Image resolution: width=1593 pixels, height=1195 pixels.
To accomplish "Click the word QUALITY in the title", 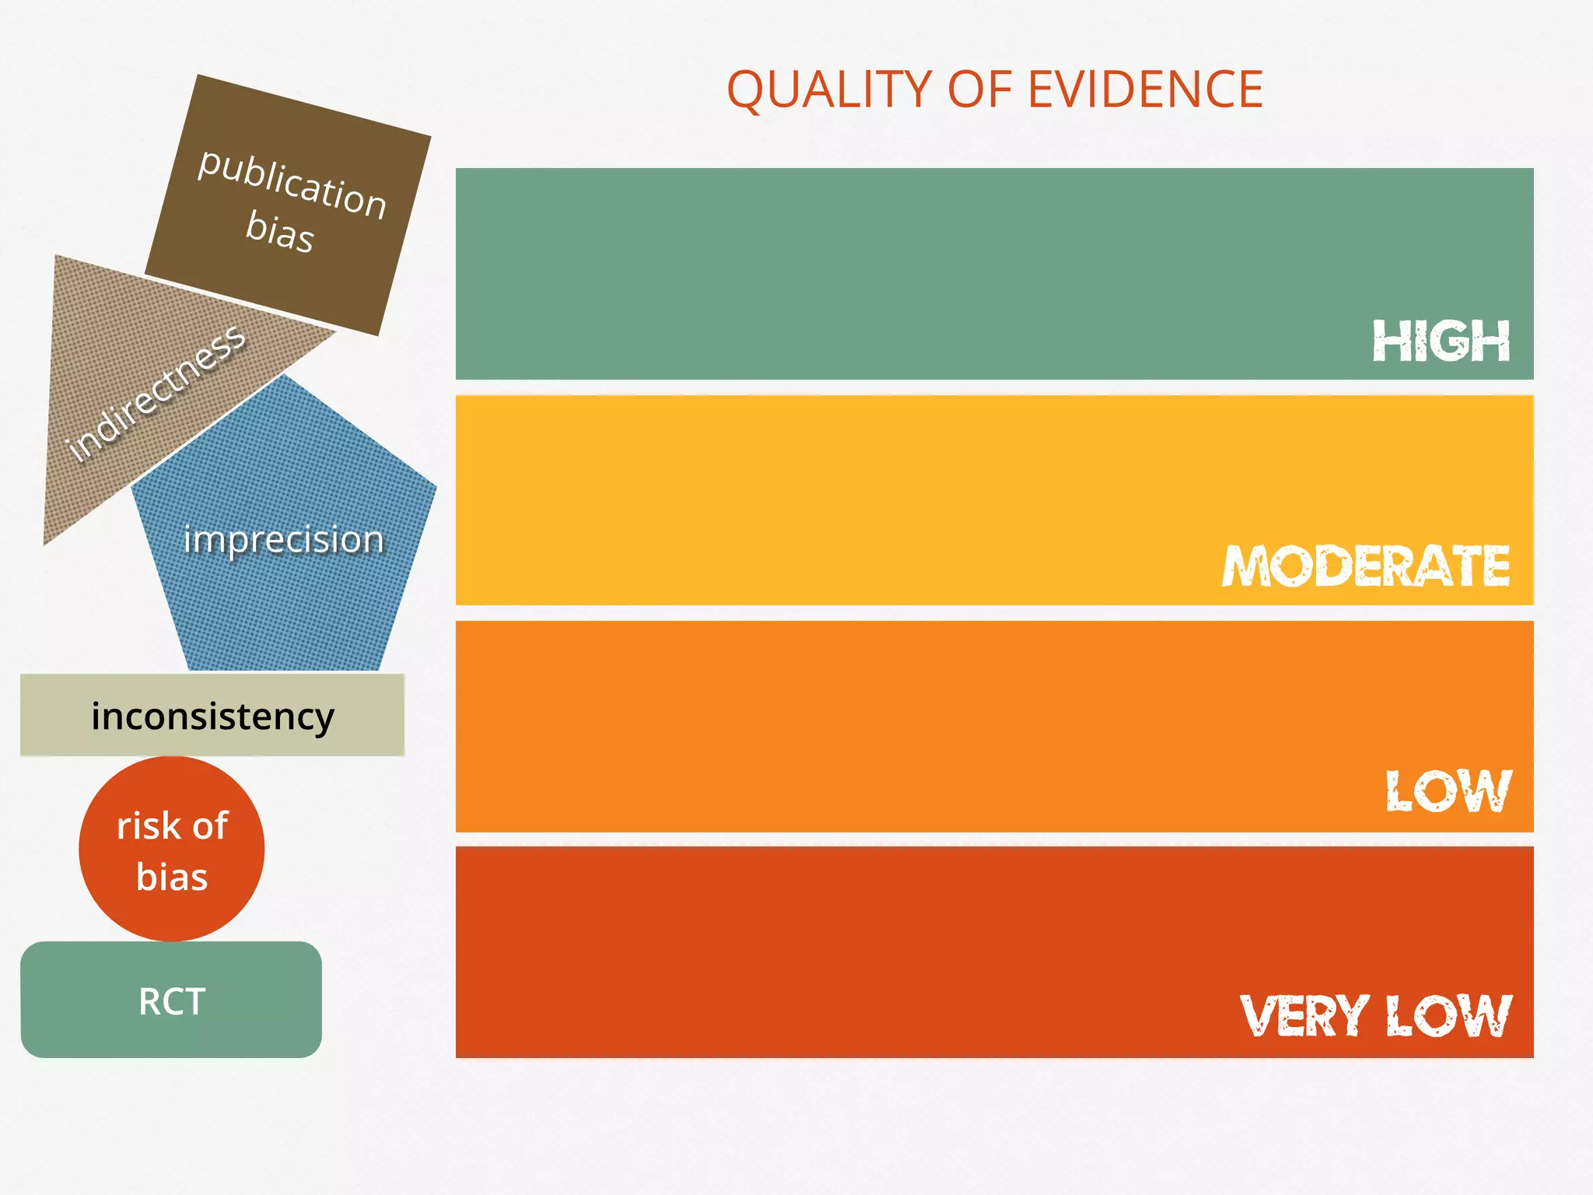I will pos(829,89).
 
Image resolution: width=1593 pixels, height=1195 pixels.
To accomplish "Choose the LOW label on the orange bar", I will pos(1448,791).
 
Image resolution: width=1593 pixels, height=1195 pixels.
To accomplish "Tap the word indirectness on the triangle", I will pos(156,393).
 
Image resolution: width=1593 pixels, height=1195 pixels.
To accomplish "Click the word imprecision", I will pos(284,538).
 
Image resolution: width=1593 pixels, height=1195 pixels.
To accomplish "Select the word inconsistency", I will pos(212,716).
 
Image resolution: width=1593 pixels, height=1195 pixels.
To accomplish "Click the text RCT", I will pos(171,1001).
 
